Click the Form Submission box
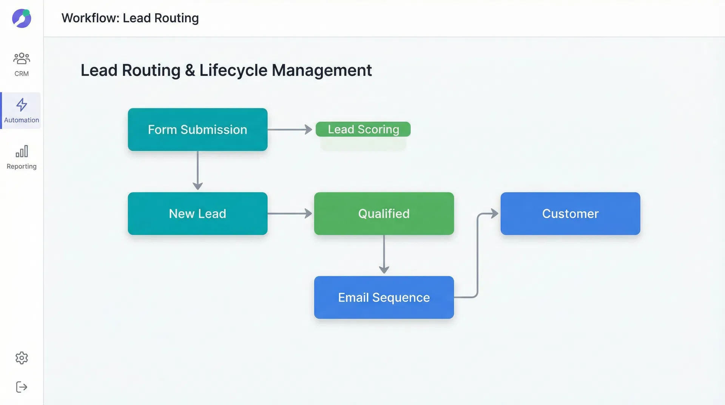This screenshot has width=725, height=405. (x=197, y=130)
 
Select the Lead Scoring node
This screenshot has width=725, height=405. (x=363, y=129)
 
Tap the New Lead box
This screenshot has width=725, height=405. (x=197, y=213)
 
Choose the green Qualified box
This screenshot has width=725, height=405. (x=384, y=213)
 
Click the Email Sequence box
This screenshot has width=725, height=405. (x=384, y=297)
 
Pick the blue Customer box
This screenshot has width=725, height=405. (x=570, y=213)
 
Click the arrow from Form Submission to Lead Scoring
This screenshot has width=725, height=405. (x=290, y=130)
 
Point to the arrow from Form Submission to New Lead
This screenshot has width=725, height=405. (x=197, y=170)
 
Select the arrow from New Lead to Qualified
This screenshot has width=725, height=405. (x=290, y=213)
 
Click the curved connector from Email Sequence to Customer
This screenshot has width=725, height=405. (x=477, y=257)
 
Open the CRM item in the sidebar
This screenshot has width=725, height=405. (x=22, y=64)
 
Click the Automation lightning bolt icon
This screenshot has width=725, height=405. (x=22, y=105)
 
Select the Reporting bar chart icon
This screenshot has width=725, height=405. (x=22, y=151)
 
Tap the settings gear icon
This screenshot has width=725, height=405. (x=22, y=358)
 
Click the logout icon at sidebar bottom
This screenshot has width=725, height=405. (x=22, y=387)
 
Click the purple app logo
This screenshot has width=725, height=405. (x=22, y=19)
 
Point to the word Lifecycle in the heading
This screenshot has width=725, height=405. (x=233, y=70)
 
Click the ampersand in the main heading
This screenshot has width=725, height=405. (x=190, y=70)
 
